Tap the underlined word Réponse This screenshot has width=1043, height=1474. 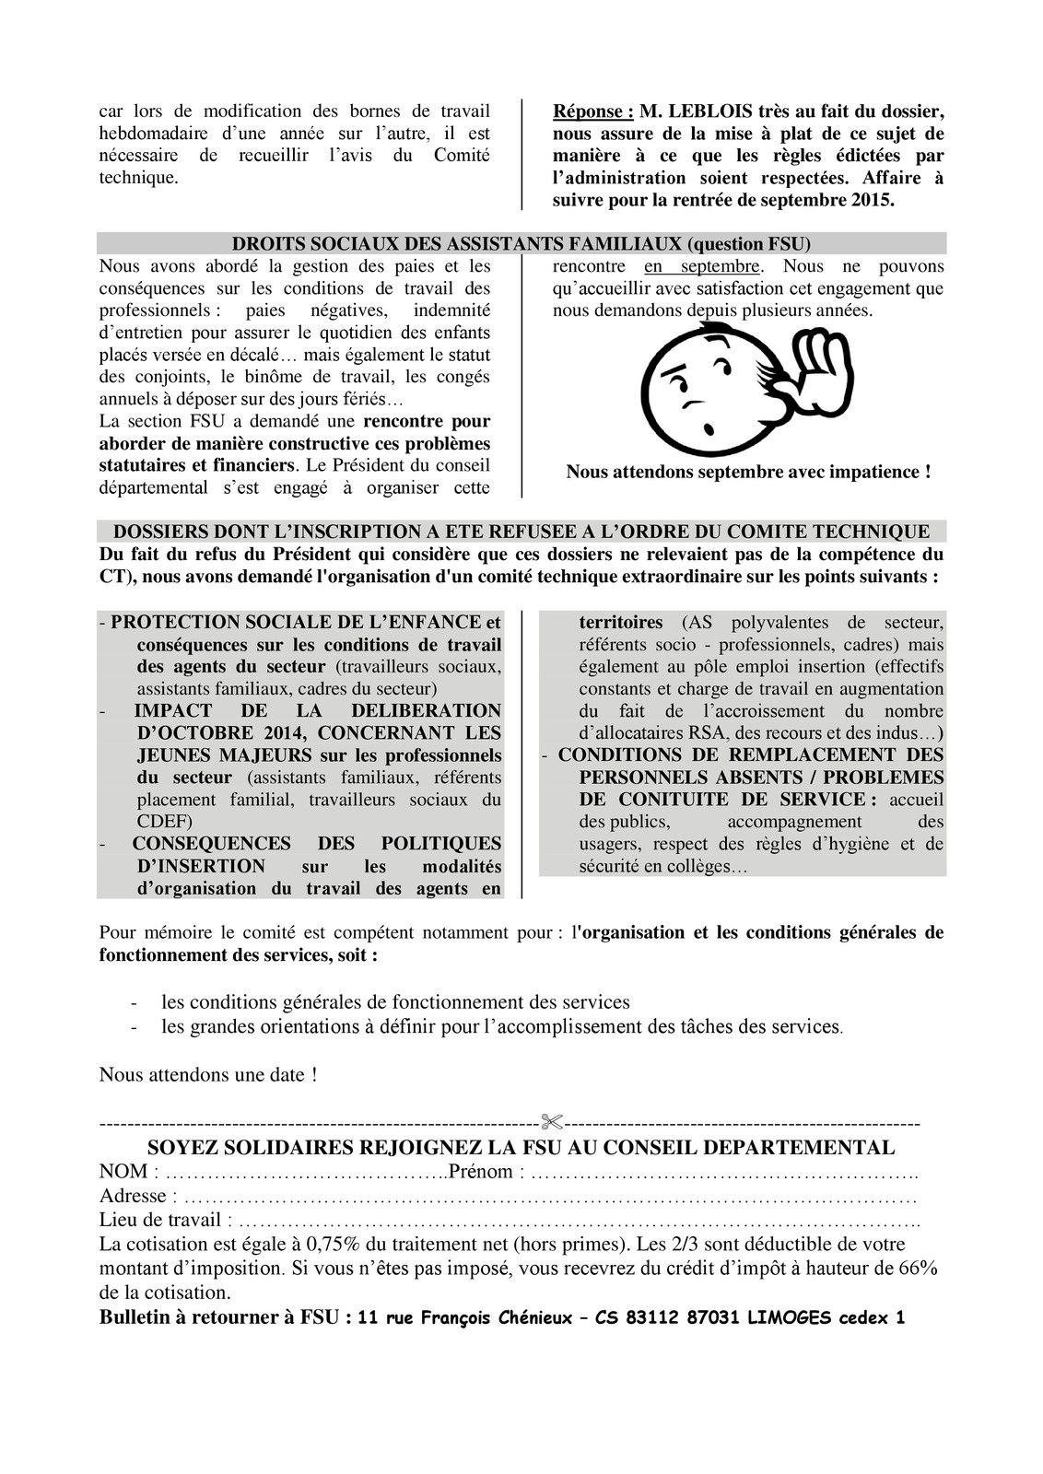pyautogui.click(x=592, y=111)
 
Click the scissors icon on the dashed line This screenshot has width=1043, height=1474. pyautogui.click(x=552, y=1123)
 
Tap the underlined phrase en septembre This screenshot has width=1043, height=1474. pyautogui.click(x=702, y=266)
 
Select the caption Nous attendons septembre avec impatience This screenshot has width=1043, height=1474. pyautogui.click(x=748, y=472)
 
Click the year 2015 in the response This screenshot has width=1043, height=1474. pyautogui.click(x=873, y=200)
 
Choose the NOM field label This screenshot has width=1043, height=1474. pyautogui.click(x=123, y=1172)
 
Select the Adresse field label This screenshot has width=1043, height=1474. pyautogui.click(x=133, y=1196)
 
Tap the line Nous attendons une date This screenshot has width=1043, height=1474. pyautogui.click(x=208, y=1074)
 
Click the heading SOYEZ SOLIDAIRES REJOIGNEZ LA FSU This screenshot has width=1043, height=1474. pyautogui.click(x=521, y=1148)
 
